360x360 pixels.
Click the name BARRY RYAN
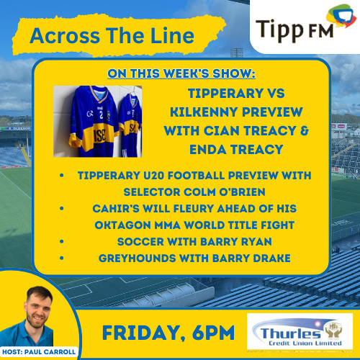tap(235, 241)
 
